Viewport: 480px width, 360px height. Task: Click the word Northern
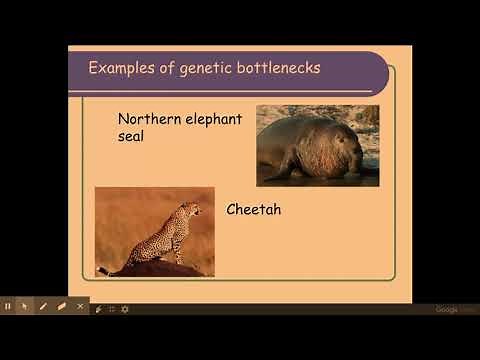[148, 119]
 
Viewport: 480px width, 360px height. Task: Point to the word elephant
[213, 119]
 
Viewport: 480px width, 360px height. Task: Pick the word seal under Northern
[131, 136]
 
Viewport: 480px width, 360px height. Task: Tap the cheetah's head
[192, 210]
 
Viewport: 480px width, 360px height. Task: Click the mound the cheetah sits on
[150, 268]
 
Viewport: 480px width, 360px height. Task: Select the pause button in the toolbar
[8, 306]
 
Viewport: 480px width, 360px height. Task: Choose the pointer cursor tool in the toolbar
[25, 306]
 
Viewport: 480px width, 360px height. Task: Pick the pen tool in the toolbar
[43, 306]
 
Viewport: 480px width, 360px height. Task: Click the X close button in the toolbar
[80, 306]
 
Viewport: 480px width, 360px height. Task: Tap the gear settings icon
[125, 309]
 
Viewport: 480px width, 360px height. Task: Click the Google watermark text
[447, 309]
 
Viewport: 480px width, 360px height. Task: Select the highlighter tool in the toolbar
[61, 306]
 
